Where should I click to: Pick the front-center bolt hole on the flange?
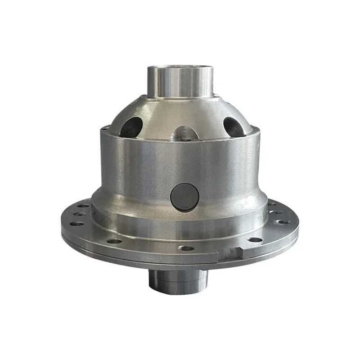pos(185,248)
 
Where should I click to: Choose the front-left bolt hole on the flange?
pos(114,241)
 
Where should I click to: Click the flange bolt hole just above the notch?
pos(255,239)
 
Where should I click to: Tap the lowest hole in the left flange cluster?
pos(77,224)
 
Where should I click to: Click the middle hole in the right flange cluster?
pos(278,212)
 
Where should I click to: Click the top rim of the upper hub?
pos(180,67)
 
